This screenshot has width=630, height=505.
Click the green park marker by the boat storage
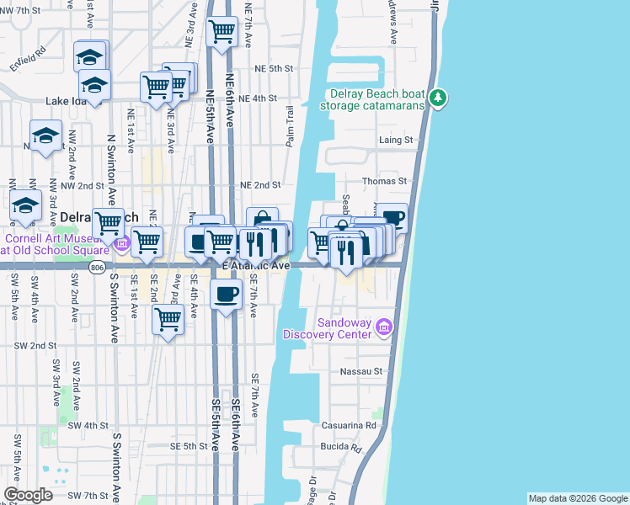click(437, 98)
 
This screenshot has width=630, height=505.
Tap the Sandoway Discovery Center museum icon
click(384, 326)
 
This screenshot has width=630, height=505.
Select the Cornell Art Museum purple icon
click(122, 245)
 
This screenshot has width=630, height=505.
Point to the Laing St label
click(396, 140)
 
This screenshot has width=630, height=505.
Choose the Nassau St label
click(361, 371)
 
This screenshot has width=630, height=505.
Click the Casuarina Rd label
click(348, 426)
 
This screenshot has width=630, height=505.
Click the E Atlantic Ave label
click(256, 265)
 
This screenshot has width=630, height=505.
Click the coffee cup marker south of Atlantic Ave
click(225, 295)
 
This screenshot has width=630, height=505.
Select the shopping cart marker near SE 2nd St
click(168, 320)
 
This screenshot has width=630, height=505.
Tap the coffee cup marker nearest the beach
click(392, 219)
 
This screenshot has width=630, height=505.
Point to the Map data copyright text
click(577, 498)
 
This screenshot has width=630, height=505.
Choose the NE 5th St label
click(275, 68)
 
